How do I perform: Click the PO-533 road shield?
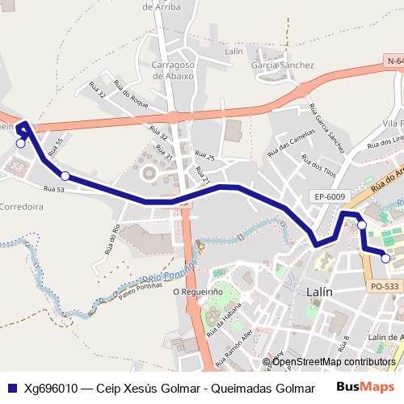point(386,285)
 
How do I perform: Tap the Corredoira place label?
point(22,206)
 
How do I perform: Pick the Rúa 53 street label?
point(53,188)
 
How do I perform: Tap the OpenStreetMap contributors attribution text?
point(334,362)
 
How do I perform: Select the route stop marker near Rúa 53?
point(65,175)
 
